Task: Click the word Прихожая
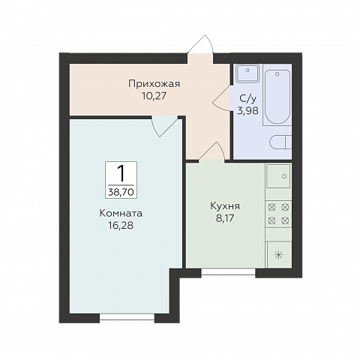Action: pyautogui.click(x=153, y=84)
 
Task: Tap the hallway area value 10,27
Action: pyautogui.click(x=153, y=95)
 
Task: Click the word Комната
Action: pyautogui.click(x=121, y=212)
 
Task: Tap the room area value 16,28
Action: pyautogui.click(x=121, y=224)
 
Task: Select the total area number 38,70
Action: pyautogui.click(x=121, y=191)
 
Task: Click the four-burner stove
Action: pyautogui.click(x=278, y=213)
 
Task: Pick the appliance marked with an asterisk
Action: pyautogui.click(x=278, y=254)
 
